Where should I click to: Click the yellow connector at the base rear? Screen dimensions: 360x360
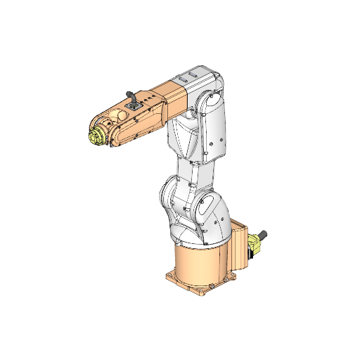click(255, 244)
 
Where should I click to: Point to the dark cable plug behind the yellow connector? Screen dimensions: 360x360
click(265, 234)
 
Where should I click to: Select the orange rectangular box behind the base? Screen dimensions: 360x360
click(240, 246)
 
